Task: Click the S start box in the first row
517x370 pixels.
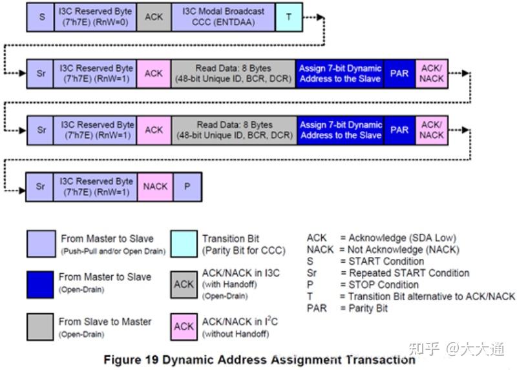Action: [42, 17]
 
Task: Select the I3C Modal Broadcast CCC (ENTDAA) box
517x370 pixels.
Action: [223, 17]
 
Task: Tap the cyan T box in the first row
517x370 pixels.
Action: [288, 17]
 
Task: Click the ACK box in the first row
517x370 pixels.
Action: [154, 17]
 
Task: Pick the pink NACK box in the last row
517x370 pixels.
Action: [155, 187]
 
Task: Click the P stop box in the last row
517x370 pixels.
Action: [187, 187]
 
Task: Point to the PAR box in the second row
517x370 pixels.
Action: [399, 74]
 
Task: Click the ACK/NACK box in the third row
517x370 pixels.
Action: [431, 130]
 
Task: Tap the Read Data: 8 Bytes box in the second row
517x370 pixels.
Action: [234, 74]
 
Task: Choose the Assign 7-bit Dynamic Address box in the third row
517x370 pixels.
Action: [341, 130]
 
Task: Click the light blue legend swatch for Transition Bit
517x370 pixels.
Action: [184, 243]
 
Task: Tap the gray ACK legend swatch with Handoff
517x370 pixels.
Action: [184, 284]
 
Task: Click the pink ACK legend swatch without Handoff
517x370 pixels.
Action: [184, 327]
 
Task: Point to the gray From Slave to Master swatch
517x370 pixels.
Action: [40, 327]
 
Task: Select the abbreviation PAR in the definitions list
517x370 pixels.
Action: [317, 308]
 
